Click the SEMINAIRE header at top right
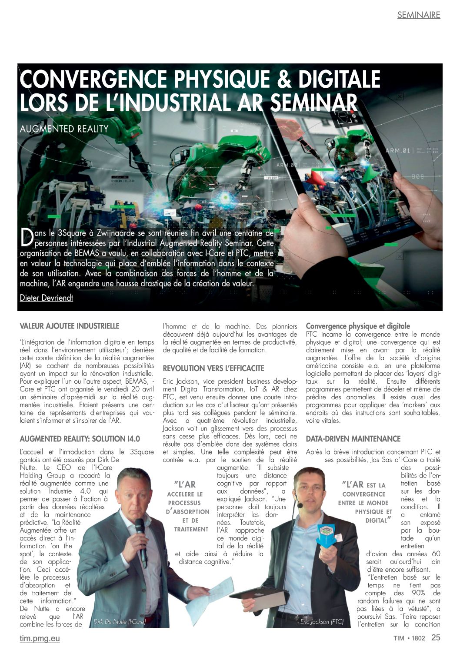tap(418, 15)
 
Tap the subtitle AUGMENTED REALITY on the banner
tap(64, 129)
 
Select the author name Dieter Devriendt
tap(47, 298)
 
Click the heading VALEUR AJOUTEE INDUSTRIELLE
tap(70, 326)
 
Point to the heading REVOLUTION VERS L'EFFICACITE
tap(213, 368)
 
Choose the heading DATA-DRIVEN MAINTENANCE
tap(353, 439)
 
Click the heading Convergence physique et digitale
tap(358, 326)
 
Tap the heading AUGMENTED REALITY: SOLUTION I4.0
tap(80, 439)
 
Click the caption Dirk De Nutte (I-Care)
tap(120, 622)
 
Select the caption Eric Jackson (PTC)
tap(322, 622)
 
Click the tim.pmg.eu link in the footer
tap(40, 638)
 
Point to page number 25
tap(436, 638)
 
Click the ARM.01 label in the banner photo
tap(398, 151)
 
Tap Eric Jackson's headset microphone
tap(300, 505)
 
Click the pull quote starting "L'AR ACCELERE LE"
tap(188, 506)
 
